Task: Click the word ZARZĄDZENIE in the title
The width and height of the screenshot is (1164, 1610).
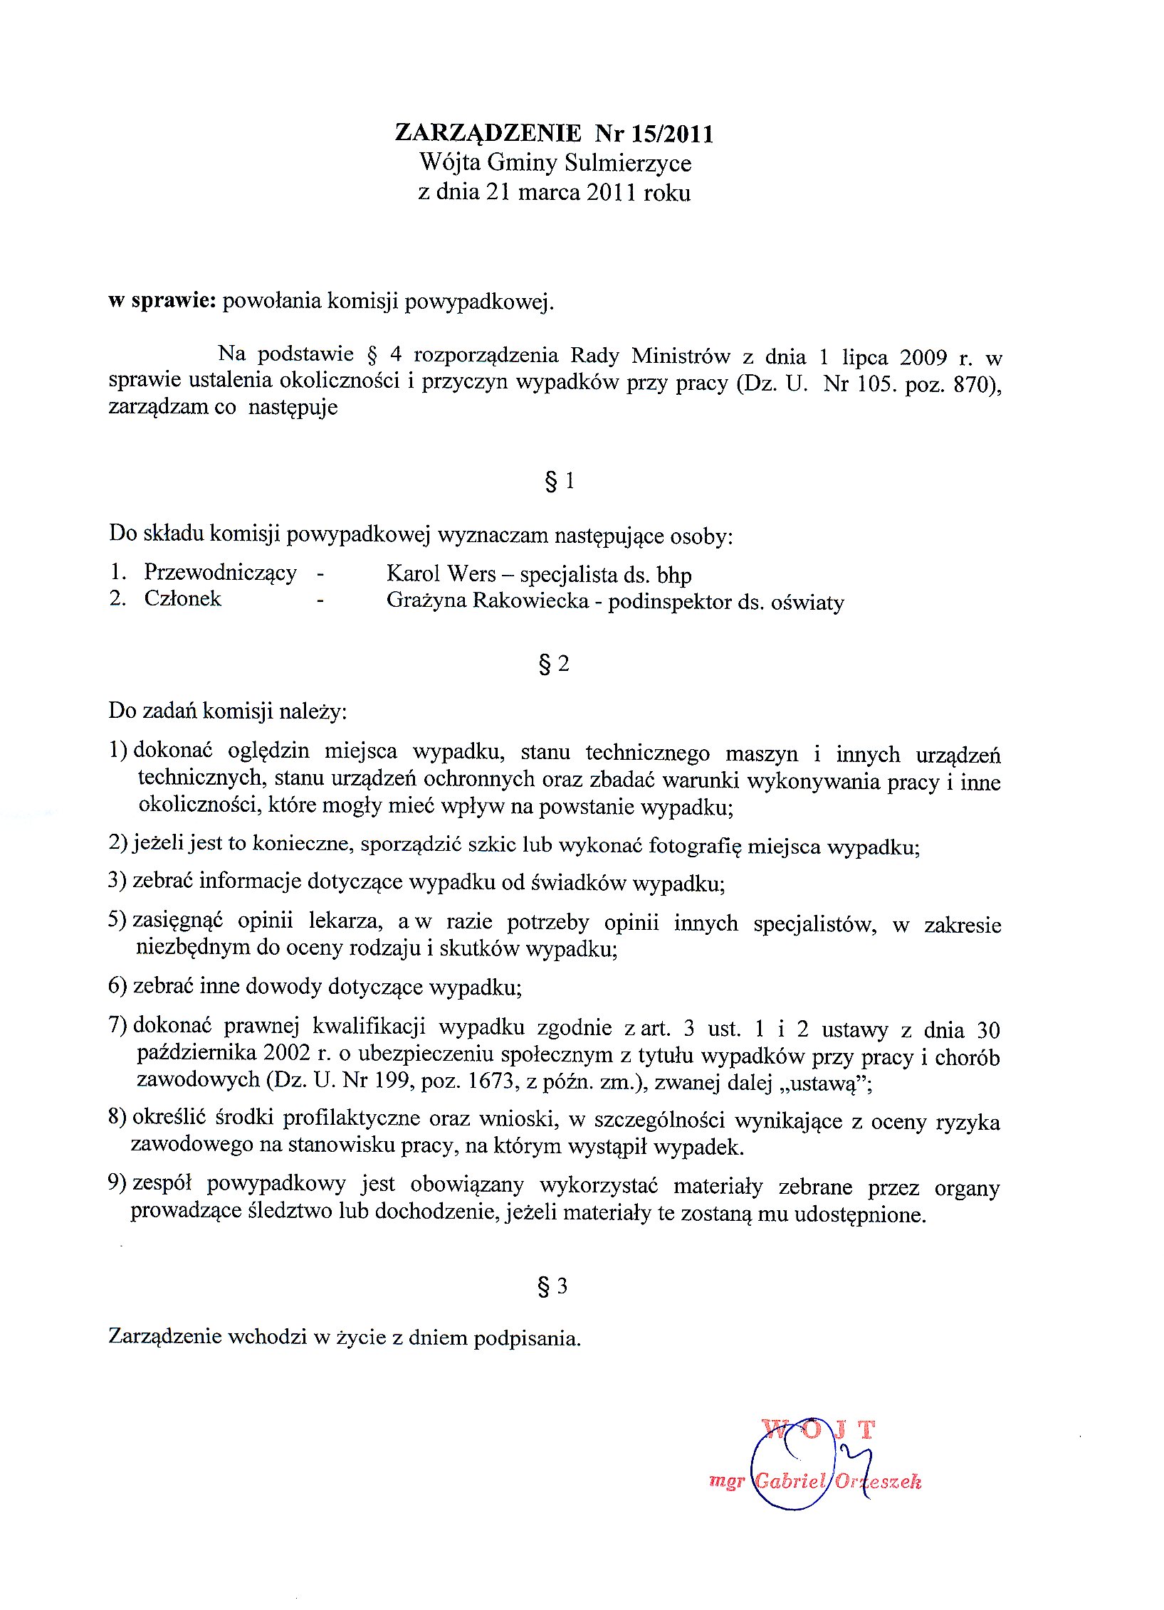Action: point(488,133)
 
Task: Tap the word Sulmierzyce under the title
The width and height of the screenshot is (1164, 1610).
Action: point(628,164)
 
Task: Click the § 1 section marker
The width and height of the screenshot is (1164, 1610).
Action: point(560,482)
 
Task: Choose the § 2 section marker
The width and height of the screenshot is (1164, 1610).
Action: point(555,664)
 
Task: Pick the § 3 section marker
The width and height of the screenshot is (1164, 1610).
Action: point(553,1286)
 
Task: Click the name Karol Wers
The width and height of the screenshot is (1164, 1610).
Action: point(441,573)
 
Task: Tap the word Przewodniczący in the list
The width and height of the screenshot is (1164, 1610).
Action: point(220,573)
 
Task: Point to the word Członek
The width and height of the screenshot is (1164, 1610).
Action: point(182,599)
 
